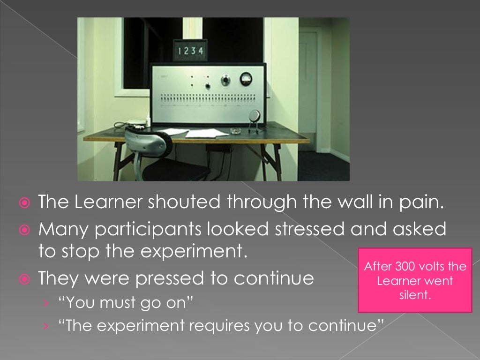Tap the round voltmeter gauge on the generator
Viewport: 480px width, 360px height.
(x=246, y=78)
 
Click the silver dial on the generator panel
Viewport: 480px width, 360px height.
(x=226, y=80)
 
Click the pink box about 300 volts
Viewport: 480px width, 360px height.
(x=415, y=280)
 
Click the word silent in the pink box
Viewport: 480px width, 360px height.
(x=415, y=295)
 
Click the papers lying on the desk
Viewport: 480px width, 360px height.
(x=206, y=133)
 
